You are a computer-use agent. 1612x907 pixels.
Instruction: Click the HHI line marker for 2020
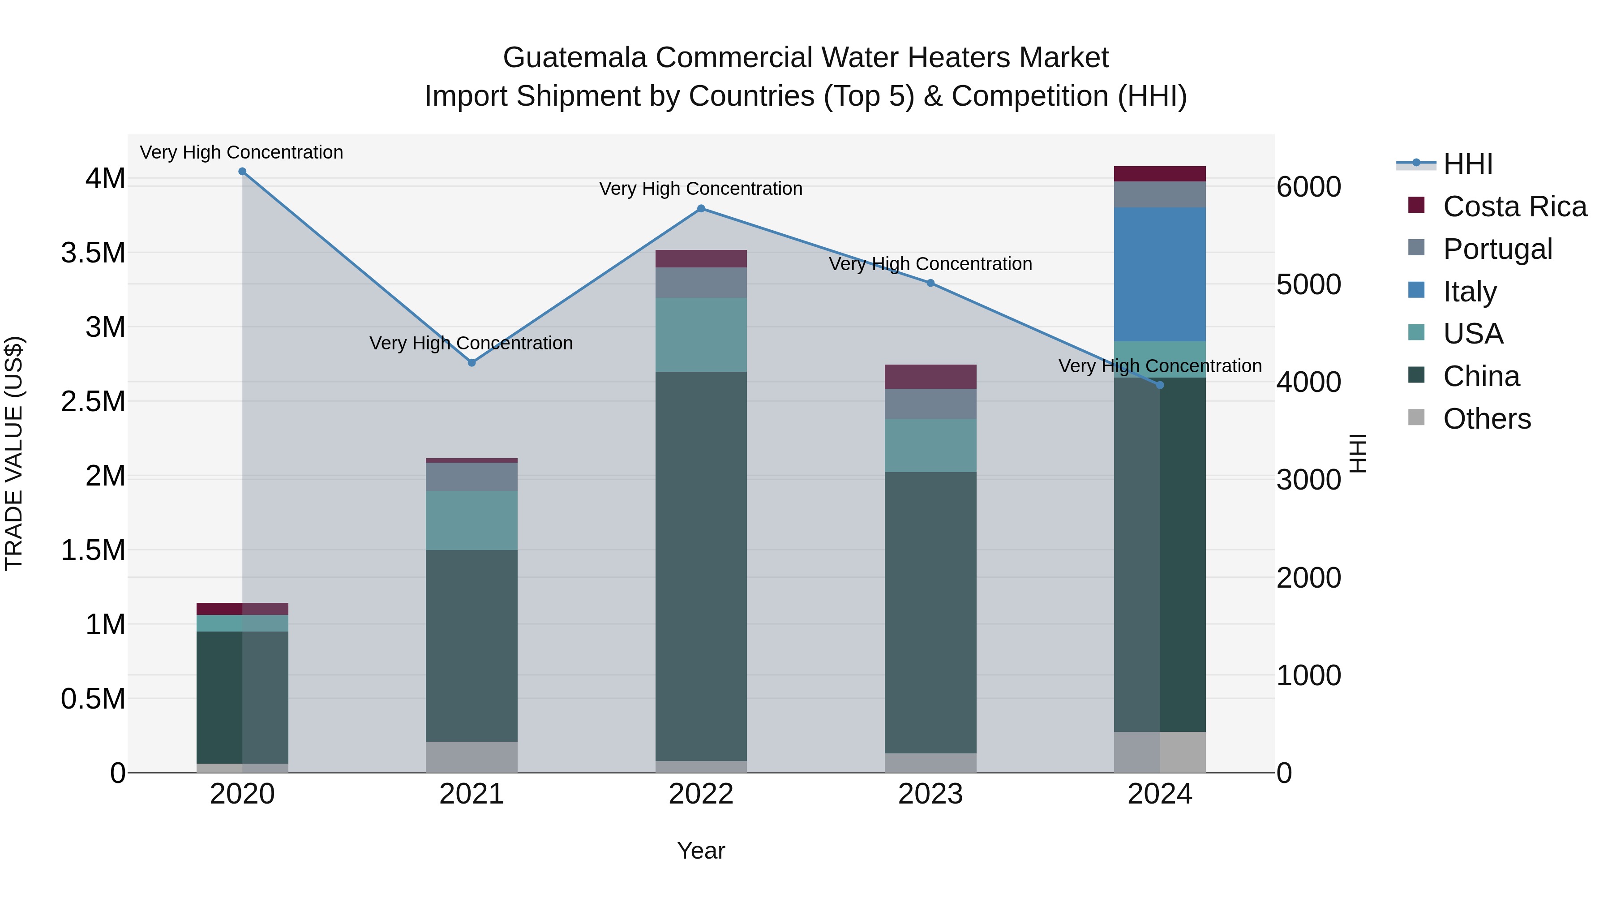click(x=242, y=172)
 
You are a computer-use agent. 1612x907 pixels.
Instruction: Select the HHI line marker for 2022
click(x=701, y=208)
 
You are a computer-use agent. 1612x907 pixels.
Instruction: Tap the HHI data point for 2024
click(x=1160, y=385)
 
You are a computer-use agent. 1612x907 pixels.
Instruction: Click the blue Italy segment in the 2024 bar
click(x=1160, y=274)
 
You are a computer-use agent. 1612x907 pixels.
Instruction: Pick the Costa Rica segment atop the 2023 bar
click(x=930, y=376)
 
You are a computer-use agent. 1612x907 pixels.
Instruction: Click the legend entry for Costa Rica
click(x=1514, y=206)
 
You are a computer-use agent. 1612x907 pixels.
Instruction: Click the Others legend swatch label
click(x=1486, y=419)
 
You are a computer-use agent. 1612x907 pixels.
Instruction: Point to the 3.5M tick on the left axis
click(x=93, y=253)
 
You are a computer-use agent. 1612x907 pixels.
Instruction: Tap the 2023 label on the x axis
click(x=930, y=794)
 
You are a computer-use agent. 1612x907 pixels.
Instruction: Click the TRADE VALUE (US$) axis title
click(x=14, y=453)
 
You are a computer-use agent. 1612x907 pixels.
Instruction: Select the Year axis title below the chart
click(x=701, y=851)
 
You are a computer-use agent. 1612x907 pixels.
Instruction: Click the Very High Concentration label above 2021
click(x=471, y=343)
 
